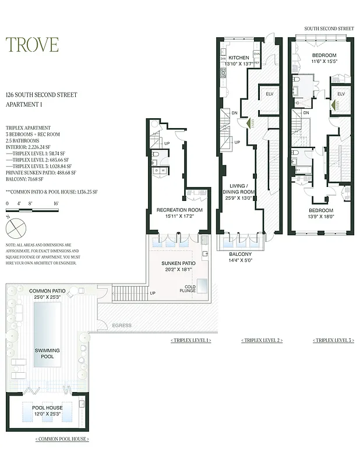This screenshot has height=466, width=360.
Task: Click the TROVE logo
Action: click(32, 45)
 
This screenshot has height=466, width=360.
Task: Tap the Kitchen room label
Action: click(238, 58)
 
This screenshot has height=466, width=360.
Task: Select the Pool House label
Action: click(47, 408)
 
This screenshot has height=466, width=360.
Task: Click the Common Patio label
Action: click(47, 290)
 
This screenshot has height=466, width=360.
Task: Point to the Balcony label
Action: click(241, 255)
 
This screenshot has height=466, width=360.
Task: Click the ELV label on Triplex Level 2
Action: click(269, 93)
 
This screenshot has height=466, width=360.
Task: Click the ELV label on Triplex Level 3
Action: click(341, 93)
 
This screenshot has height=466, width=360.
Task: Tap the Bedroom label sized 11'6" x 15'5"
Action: click(324, 56)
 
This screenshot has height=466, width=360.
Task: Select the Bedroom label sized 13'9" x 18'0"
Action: click(320, 210)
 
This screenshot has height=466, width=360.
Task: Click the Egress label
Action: click(122, 325)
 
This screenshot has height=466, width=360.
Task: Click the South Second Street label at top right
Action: click(329, 29)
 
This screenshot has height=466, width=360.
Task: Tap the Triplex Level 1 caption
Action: click(190, 340)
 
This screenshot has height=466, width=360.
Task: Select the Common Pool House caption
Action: click(61, 439)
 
